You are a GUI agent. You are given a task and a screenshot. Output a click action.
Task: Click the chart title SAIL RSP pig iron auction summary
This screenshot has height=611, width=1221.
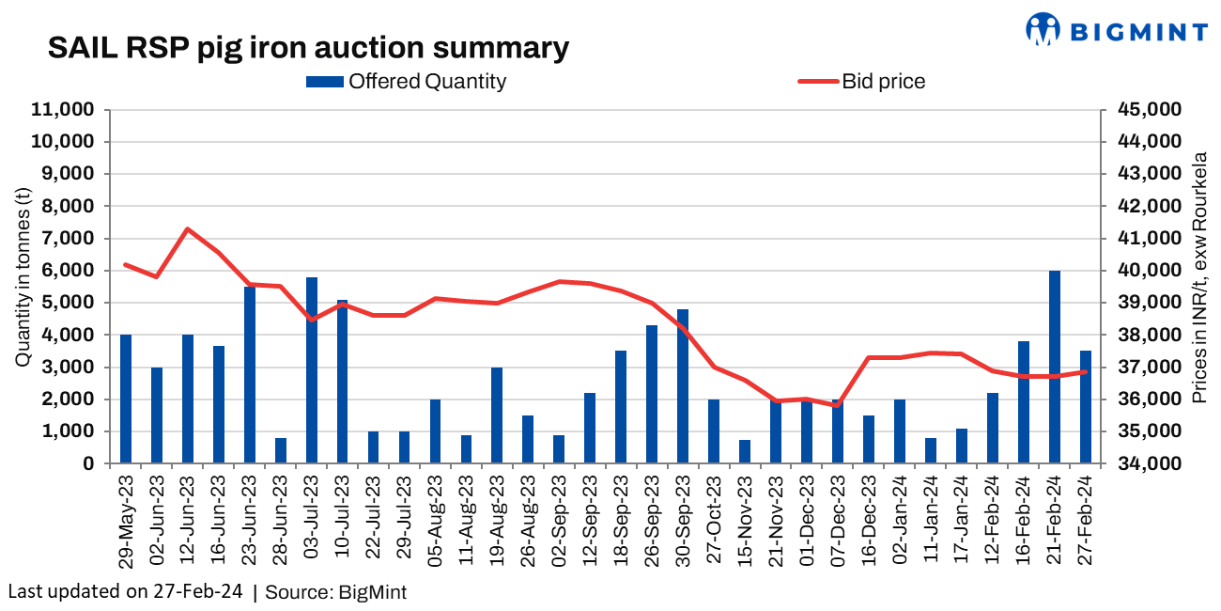pos(308,48)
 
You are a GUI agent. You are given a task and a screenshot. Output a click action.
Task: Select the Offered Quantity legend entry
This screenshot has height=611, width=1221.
pos(406,82)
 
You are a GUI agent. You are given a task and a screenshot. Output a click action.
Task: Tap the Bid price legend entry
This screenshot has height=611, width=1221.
pos(861,82)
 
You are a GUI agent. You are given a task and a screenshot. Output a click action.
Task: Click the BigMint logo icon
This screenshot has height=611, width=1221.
pos(1042,29)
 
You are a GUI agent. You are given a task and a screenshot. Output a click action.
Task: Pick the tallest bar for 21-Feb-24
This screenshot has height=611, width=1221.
pos(1055,367)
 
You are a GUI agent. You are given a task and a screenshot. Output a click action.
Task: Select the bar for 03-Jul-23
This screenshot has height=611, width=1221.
pos(312,370)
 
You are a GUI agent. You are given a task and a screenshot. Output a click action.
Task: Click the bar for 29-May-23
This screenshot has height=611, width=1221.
pos(126,399)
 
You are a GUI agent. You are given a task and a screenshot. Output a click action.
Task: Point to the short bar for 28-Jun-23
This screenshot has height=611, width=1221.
pos(281,451)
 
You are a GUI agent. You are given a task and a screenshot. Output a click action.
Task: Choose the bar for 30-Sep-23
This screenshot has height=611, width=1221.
pos(683,386)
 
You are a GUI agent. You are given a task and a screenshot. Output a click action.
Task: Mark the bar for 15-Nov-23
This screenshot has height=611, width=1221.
pos(745,452)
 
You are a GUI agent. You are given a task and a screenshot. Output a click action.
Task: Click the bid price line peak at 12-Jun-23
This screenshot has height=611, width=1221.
pos(188,229)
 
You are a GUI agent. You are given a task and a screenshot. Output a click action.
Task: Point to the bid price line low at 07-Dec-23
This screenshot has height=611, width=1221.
pos(838,405)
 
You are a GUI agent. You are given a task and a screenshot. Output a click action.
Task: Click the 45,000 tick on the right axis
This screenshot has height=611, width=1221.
pos(1150,110)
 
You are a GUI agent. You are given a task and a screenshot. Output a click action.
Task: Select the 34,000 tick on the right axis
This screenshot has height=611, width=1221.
pos(1150,464)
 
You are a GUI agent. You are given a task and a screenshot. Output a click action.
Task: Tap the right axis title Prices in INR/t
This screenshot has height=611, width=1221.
pos(1198,277)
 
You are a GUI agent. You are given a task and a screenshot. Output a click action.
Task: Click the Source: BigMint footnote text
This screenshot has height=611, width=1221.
pos(335,592)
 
